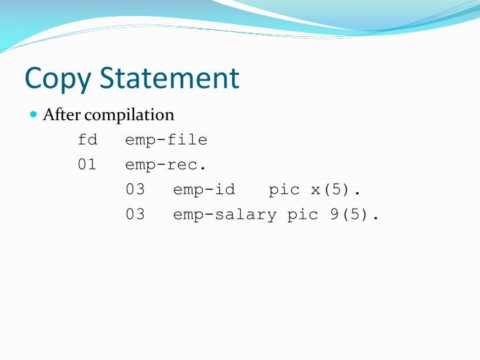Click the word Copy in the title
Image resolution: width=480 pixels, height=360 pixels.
click(58, 79)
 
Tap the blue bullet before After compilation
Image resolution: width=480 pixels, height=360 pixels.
click(34, 115)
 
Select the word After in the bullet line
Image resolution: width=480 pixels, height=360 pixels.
click(57, 115)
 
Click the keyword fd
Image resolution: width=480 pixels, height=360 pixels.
click(87, 140)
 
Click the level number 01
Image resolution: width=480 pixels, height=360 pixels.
click(87, 165)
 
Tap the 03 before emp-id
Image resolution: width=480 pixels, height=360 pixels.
click(135, 189)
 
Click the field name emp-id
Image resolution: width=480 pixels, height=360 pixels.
click(204, 189)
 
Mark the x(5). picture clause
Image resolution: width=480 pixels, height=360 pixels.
click(336, 189)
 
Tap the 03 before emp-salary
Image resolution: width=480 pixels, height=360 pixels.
click(135, 215)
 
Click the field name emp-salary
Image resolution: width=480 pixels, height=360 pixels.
click(225, 215)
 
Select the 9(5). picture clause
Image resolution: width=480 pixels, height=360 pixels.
click(355, 215)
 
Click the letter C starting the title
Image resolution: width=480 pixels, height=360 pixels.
click(33, 78)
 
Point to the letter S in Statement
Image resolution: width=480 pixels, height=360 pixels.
click(109, 78)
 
